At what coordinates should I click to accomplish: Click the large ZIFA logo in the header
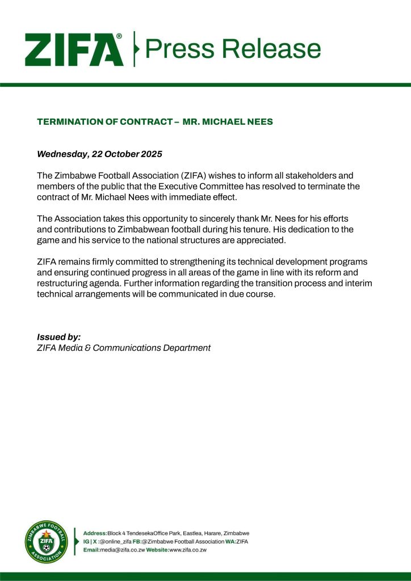tap(74, 49)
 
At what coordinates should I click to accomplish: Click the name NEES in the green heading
tap(261, 122)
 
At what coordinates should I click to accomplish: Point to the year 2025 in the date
tap(149, 154)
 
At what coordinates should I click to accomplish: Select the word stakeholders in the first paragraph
tap(326, 176)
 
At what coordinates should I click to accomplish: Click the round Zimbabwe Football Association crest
tap(47, 542)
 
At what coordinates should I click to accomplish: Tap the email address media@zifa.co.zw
tap(119, 550)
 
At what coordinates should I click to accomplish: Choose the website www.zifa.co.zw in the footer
tap(187, 550)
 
